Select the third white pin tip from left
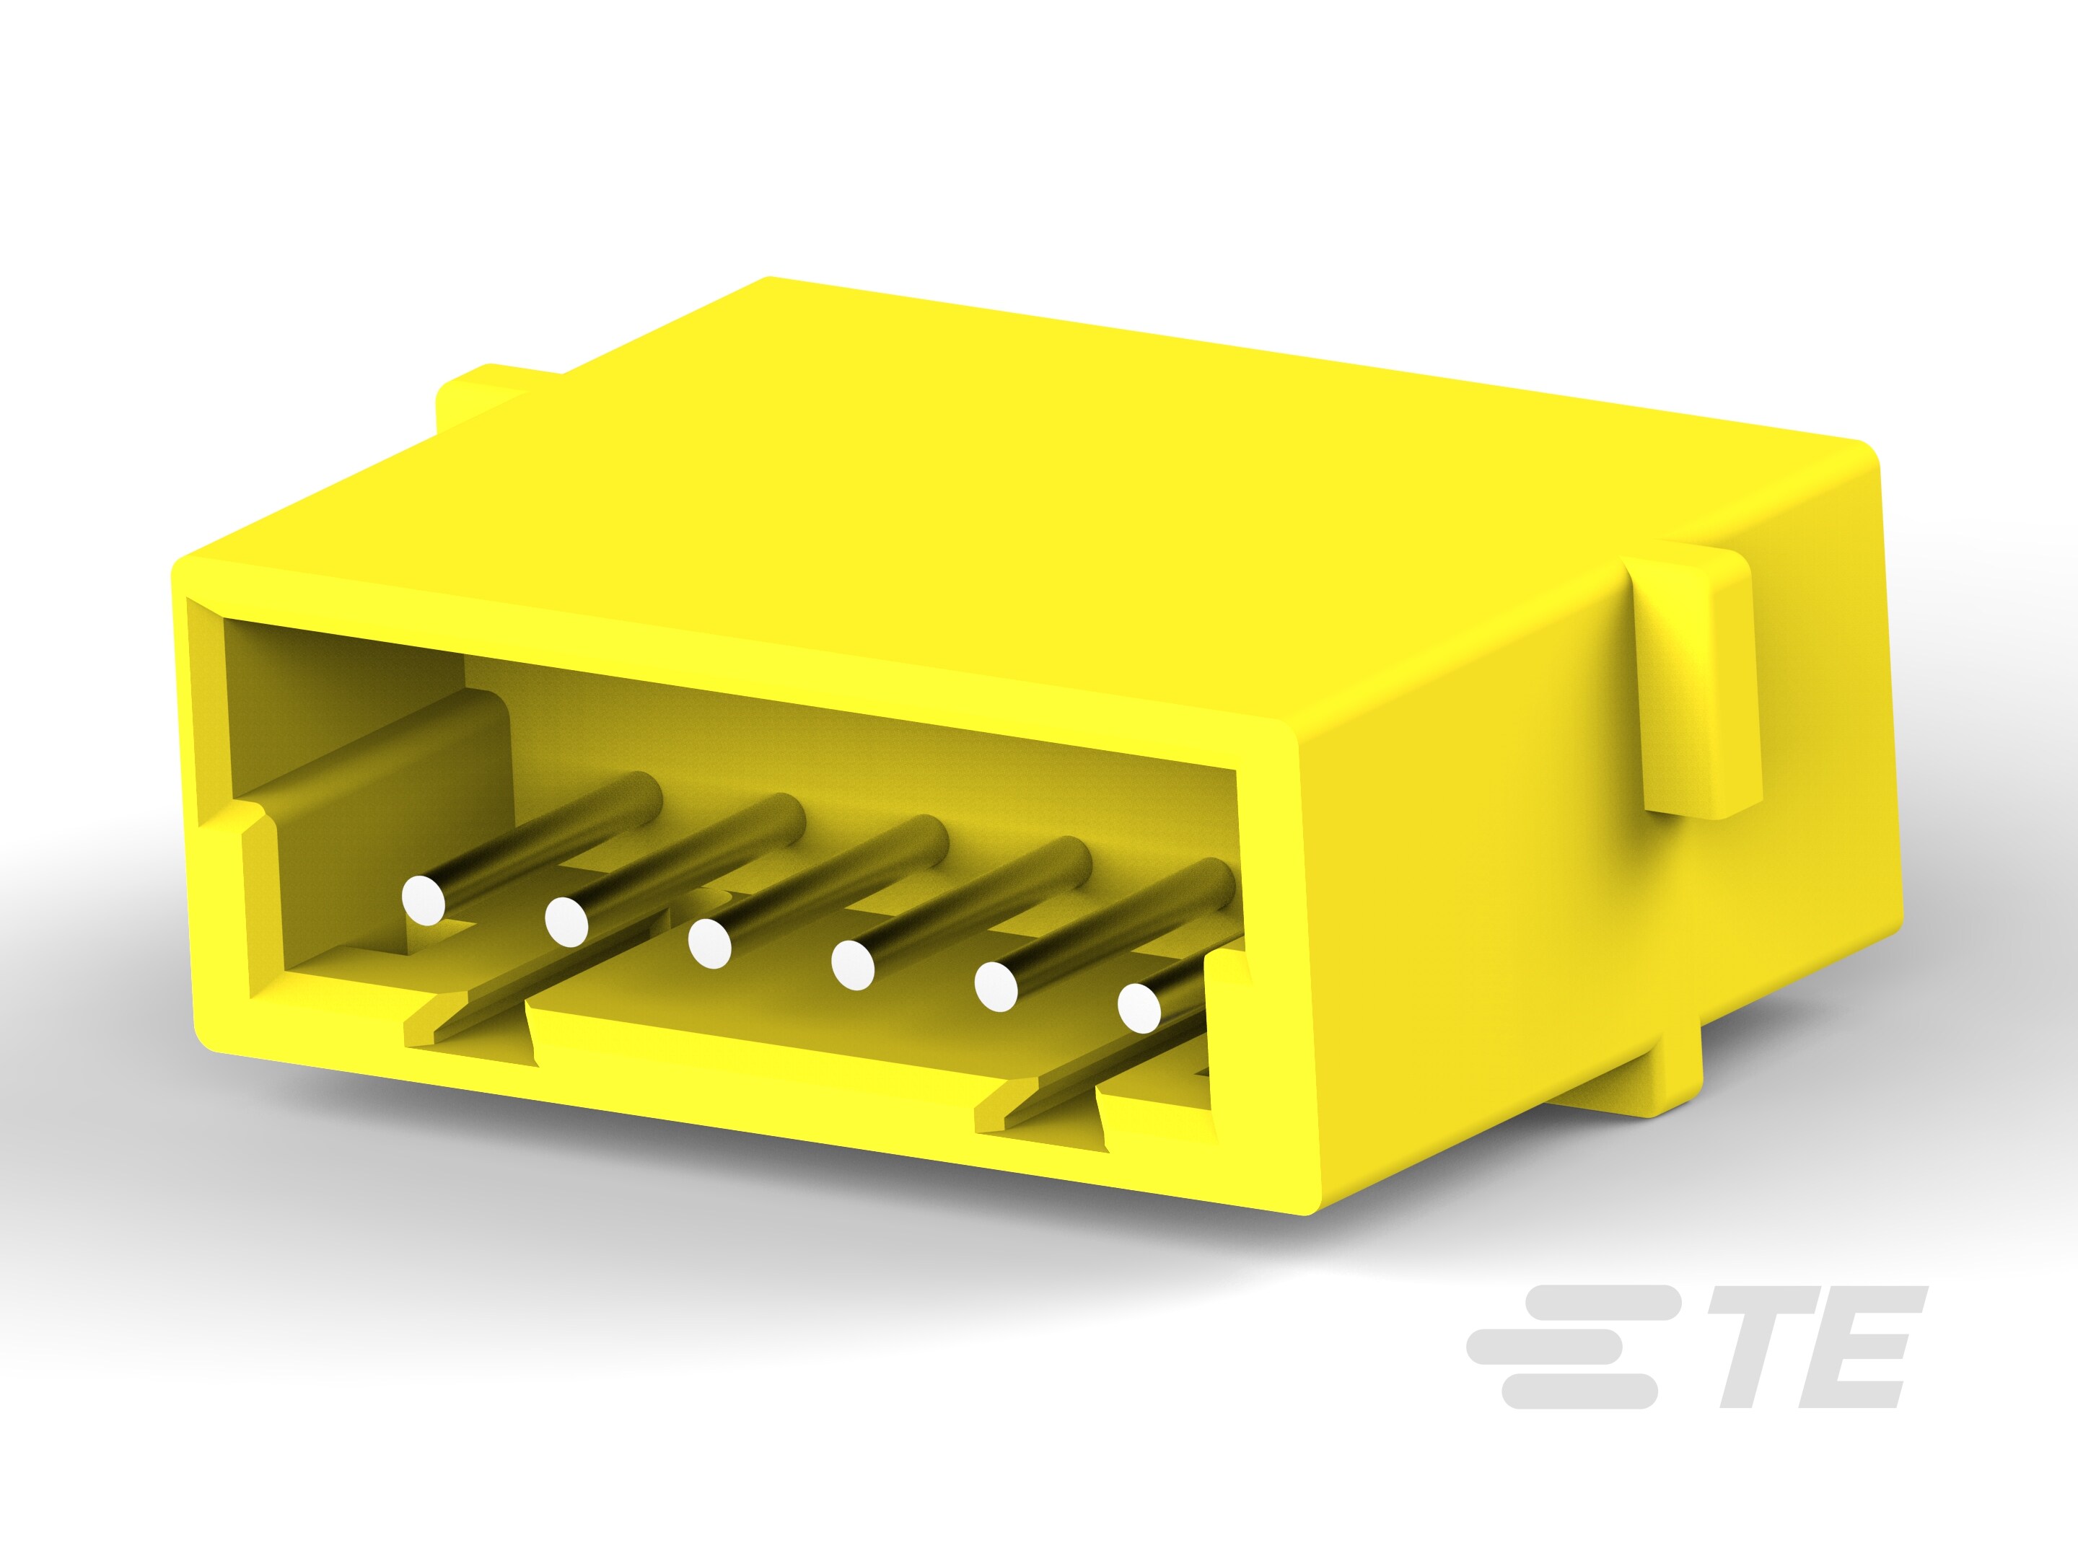coord(709,943)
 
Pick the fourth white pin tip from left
coord(852,964)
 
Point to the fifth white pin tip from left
coord(996,986)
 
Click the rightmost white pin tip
coord(1139,1008)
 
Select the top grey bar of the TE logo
coord(1597,1303)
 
